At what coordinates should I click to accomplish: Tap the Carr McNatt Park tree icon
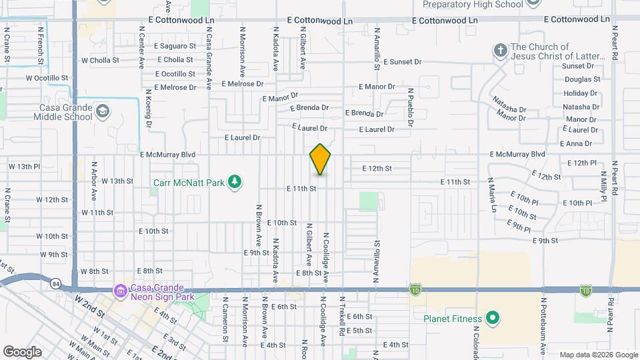coord(234,181)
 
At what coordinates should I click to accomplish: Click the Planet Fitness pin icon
coord(493,318)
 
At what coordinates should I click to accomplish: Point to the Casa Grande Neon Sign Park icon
coord(120,291)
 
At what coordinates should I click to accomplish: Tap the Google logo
coord(22,351)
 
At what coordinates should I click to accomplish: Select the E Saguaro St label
coord(175,46)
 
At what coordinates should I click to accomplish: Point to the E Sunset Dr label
coord(403,61)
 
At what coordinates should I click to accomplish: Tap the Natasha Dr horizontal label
coord(581,107)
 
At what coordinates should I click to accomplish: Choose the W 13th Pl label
coord(25,166)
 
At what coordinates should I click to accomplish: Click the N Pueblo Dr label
coord(411,107)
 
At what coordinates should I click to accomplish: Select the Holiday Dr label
coord(581,93)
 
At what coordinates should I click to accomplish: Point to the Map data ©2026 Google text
coord(598,355)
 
